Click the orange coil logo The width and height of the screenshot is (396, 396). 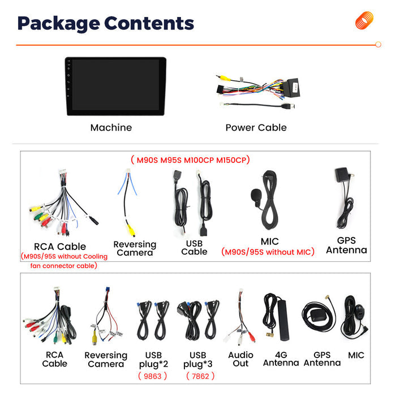click(x=364, y=20)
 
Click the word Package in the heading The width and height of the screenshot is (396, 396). click(x=59, y=24)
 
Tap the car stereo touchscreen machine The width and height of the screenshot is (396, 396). click(x=115, y=86)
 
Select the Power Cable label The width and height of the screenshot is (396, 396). click(x=256, y=127)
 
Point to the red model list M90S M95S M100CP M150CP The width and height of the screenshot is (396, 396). click(x=190, y=160)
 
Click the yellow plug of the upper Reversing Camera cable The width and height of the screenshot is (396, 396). click(x=131, y=230)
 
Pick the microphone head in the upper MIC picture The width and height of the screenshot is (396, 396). click(x=255, y=195)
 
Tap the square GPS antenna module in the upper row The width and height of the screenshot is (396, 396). click(x=342, y=174)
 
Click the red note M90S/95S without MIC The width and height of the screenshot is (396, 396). click(x=268, y=252)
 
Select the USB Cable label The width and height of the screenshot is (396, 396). click(x=194, y=248)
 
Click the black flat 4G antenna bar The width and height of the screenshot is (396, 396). click(x=283, y=320)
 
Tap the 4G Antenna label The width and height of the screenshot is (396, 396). click(x=281, y=359)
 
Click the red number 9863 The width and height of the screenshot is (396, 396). click(x=153, y=376)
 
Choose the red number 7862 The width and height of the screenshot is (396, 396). click(x=200, y=376)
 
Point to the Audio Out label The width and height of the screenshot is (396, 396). click(x=240, y=359)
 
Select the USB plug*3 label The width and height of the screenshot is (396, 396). click(x=198, y=360)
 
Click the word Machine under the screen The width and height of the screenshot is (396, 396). click(x=111, y=127)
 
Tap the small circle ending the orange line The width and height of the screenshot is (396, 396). click(x=378, y=45)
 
